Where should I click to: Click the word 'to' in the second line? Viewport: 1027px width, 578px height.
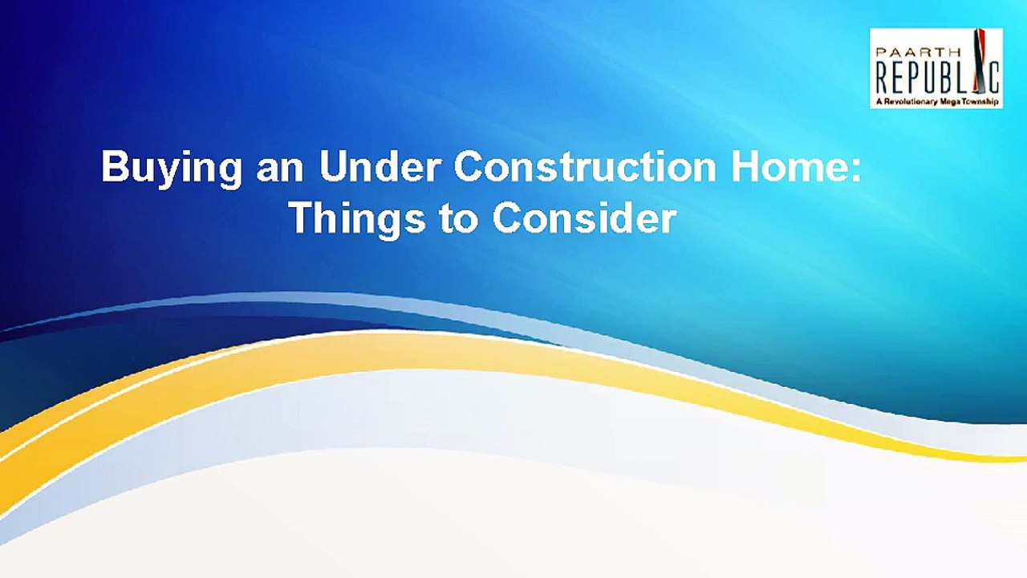point(459,218)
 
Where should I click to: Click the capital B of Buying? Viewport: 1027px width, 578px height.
point(115,166)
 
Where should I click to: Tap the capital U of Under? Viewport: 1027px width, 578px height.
point(333,166)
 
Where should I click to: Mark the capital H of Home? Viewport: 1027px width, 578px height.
point(745,166)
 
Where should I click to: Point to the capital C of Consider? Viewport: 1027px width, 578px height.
point(508,218)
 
